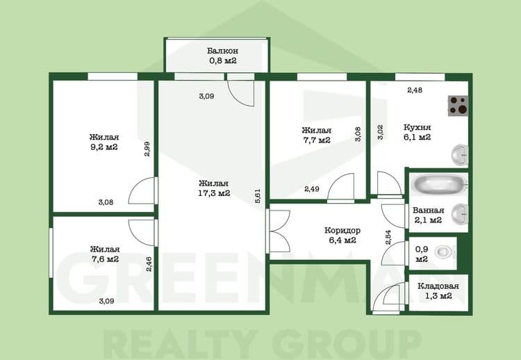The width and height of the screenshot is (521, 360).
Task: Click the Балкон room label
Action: [x=223, y=51]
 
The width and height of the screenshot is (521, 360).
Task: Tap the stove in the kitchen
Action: [x=457, y=106]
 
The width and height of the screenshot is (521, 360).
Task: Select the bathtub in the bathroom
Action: [x=438, y=186]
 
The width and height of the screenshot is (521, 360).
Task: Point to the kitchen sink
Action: [x=459, y=154]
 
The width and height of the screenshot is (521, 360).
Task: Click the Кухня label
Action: [x=417, y=128]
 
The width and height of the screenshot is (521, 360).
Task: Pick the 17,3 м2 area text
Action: [x=214, y=193]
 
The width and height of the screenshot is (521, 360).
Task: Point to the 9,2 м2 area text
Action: [x=103, y=147]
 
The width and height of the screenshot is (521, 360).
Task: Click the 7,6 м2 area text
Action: [x=104, y=259]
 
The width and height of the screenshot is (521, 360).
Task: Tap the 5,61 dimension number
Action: [x=258, y=196]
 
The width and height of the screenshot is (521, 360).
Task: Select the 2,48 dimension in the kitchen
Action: [x=415, y=90]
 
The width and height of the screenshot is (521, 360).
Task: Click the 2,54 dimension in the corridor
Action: [x=388, y=237]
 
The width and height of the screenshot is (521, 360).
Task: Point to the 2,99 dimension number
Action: [x=147, y=149]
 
